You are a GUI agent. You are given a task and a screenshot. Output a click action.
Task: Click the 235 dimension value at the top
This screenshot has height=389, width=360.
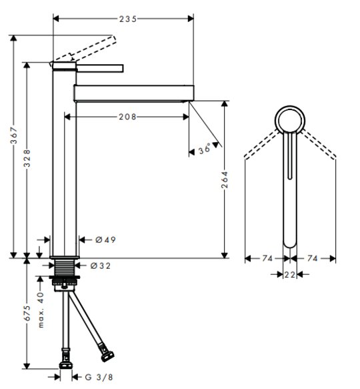[x=128, y=19]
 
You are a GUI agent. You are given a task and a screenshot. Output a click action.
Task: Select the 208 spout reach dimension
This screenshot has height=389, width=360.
[x=127, y=117]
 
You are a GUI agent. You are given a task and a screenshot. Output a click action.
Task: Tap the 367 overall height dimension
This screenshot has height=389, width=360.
[x=14, y=135]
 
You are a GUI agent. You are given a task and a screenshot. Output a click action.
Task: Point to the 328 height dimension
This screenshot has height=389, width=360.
[x=27, y=158]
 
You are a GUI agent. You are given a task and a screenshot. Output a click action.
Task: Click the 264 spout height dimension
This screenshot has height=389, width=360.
[x=225, y=179]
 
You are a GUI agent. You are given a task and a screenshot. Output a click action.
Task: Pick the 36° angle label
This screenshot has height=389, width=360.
[x=205, y=149]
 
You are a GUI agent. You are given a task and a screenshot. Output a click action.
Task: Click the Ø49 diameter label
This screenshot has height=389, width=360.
[x=105, y=240]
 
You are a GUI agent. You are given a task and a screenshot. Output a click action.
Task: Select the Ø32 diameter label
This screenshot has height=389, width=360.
[x=101, y=266]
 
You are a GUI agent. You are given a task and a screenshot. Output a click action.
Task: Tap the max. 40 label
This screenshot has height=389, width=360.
[x=41, y=310]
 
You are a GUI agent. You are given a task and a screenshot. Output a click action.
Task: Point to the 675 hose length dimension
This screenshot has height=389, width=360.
[x=27, y=313]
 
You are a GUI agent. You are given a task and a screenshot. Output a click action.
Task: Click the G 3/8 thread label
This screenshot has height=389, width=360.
[x=99, y=378]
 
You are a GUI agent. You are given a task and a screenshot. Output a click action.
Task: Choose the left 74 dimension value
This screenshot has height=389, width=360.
[x=267, y=258]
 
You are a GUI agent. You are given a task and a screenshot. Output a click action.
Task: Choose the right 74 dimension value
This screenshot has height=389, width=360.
[x=313, y=258]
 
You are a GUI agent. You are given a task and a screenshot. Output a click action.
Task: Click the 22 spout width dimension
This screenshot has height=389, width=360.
[x=289, y=275]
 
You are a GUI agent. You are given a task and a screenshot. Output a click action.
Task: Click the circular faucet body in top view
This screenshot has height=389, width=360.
[x=290, y=107]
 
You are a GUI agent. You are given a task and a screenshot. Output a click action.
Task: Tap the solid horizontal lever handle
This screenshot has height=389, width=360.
[x=100, y=69]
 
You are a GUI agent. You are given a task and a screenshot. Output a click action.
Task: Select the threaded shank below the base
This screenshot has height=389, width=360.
[x=65, y=268]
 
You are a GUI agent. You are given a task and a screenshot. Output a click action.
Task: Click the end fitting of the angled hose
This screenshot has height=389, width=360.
[x=107, y=354]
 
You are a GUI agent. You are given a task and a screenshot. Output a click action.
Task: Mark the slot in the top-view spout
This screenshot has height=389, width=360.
[x=290, y=155]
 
